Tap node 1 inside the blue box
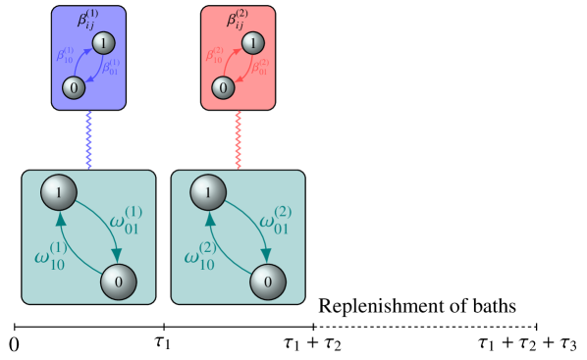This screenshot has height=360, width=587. [105, 43]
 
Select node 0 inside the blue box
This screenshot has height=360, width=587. [74, 88]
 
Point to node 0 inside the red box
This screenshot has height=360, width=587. [223, 88]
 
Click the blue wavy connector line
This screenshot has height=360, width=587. [89, 140]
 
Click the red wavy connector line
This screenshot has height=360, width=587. [239, 140]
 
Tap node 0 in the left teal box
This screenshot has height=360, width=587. [119, 283]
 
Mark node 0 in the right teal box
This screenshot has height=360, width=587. [268, 283]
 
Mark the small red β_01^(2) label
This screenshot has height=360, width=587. [260, 70]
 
